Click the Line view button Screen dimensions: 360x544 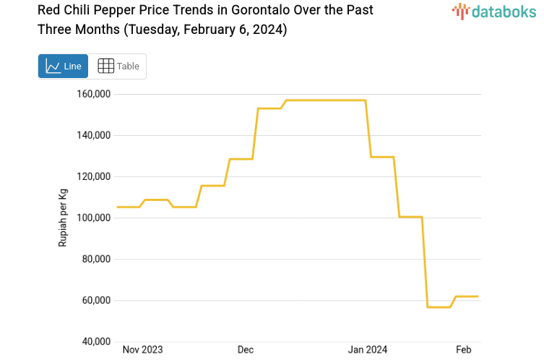click(x=64, y=67)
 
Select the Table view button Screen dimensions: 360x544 click(x=118, y=67)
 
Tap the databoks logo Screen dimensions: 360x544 click(x=493, y=11)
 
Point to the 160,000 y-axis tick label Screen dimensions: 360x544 click(x=92, y=94)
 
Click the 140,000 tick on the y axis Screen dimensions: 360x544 click(x=92, y=135)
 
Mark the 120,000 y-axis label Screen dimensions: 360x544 click(x=92, y=176)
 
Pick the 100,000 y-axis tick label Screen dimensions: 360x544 click(x=92, y=218)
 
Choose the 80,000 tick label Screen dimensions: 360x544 click(x=95, y=259)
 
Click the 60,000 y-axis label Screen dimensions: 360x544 click(x=95, y=300)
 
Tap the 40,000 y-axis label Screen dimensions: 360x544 click(x=95, y=341)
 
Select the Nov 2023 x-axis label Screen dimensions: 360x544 click(x=142, y=350)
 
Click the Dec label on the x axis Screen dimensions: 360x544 click(x=246, y=350)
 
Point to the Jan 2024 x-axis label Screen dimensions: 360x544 click(x=368, y=350)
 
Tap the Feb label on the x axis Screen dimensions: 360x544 click(x=464, y=350)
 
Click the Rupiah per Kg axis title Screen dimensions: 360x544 click(x=63, y=218)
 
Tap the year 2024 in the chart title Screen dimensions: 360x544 click(x=269, y=30)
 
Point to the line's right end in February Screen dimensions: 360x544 click(x=478, y=296)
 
